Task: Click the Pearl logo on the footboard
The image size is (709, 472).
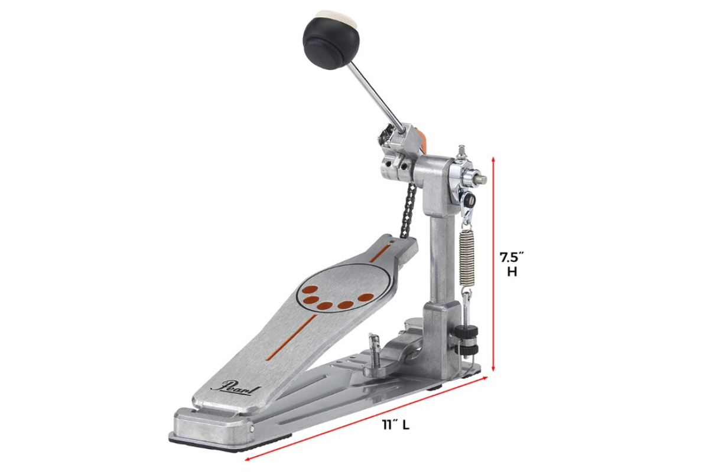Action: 235,387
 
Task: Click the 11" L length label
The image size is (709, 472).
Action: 395,425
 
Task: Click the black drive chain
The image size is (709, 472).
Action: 409,210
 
